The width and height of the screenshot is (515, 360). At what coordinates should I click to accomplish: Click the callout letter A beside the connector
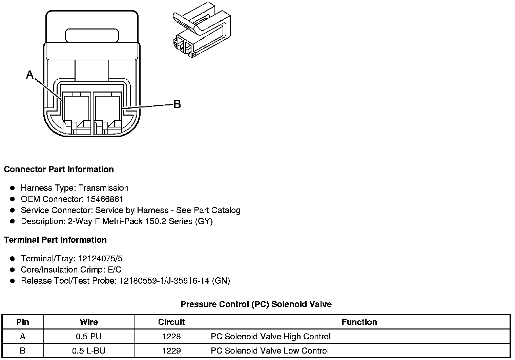[30, 75]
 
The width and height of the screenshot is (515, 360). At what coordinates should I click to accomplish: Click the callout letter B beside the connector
[177, 104]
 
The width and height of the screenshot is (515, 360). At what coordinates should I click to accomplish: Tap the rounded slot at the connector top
[92, 36]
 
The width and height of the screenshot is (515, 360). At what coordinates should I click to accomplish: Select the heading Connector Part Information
[59, 169]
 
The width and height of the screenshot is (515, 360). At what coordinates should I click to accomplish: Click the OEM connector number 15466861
[105, 199]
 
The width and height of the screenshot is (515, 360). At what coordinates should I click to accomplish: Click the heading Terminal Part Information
[55, 240]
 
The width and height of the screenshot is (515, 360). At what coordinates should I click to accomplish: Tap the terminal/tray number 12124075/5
[100, 259]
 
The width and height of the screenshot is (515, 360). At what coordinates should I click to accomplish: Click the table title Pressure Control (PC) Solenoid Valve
[256, 304]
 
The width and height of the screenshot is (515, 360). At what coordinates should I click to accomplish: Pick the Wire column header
[89, 322]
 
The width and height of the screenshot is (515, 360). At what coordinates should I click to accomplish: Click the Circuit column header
[171, 322]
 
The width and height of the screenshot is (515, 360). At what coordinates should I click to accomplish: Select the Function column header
[359, 322]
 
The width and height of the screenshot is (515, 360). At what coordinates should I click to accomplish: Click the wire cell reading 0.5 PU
[89, 337]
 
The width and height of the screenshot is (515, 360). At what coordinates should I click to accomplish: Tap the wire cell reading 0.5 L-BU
[89, 351]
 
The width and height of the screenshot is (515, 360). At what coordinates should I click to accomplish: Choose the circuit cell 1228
[171, 337]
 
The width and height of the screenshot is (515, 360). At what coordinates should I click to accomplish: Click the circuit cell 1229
[171, 351]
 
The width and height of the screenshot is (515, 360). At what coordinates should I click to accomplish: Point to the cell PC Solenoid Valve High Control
[270, 337]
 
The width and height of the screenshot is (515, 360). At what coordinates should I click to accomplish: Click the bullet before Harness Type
[13, 188]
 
